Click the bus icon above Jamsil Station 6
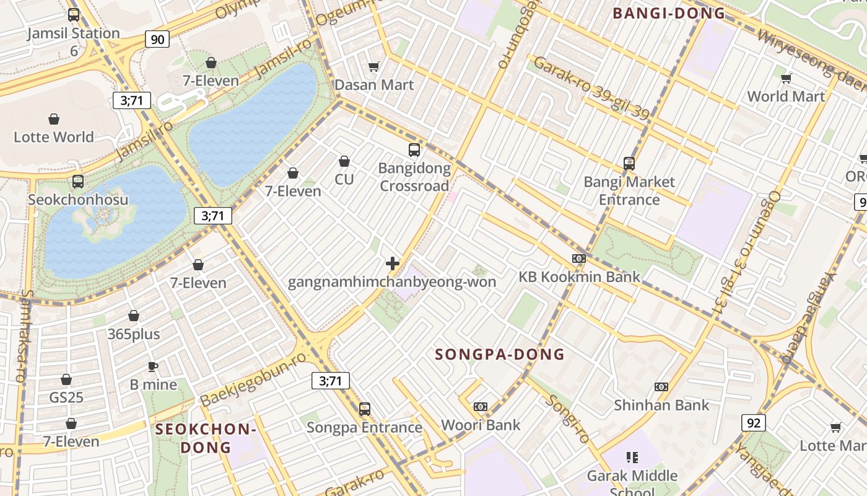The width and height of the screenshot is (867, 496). click(74, 15)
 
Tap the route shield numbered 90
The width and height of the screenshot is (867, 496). click(157, 40)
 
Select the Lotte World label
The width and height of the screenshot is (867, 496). click(54, 137)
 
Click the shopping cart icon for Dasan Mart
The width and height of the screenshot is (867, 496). click(373, 66)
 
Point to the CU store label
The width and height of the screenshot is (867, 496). click(344, 179)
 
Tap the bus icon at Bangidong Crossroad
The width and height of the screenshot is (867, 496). click(414, 150)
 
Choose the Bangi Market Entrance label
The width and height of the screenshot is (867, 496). click(629, 190)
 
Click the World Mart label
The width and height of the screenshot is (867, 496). click(786, 96)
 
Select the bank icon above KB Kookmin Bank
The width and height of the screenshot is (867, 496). click(579, 259)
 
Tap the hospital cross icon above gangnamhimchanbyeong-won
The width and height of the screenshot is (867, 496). click(392, 263)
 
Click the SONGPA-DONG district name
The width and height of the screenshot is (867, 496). click(500, 355)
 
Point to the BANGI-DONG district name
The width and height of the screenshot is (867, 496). click(668, 13)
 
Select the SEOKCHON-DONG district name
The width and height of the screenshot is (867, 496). click(206, 438)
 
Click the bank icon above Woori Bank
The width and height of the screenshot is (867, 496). click(481, 407)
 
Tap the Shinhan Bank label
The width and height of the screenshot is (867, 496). click(661, 405)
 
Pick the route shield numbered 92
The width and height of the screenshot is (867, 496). click(753, 423)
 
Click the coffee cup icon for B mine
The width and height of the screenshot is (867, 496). click(153, 366)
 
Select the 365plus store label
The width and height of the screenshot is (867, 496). click(134, 334)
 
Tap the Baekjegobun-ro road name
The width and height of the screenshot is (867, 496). click(253, 379)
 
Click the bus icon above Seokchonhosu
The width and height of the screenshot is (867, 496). click(78, 182)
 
